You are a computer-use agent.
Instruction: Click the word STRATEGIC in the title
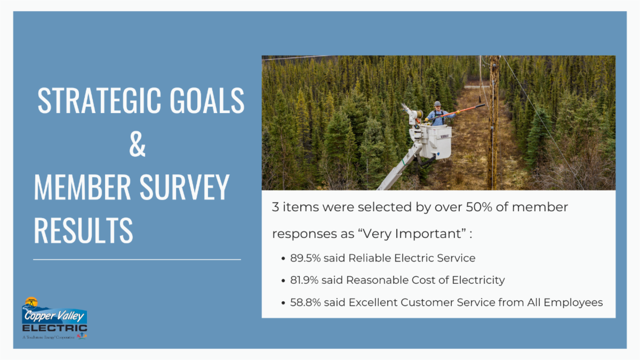coord(99,100)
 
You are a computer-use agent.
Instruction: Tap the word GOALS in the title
coord(207,100)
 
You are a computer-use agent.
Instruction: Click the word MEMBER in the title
coord(82,187)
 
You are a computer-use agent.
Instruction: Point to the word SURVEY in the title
coord(185,187)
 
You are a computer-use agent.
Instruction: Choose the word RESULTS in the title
coord(83,230)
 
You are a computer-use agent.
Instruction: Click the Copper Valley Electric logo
coord(54,318)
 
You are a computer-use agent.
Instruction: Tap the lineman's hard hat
coord(437,103)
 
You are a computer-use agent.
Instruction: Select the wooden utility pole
coord(494,123)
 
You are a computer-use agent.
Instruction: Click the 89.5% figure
coord(306,258)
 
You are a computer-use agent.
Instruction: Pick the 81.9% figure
coord(305,280)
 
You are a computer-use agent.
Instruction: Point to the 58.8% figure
coord(306,302)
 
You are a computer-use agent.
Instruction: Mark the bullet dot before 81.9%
coord(283,281)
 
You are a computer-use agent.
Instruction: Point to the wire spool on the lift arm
coord(419,114)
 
